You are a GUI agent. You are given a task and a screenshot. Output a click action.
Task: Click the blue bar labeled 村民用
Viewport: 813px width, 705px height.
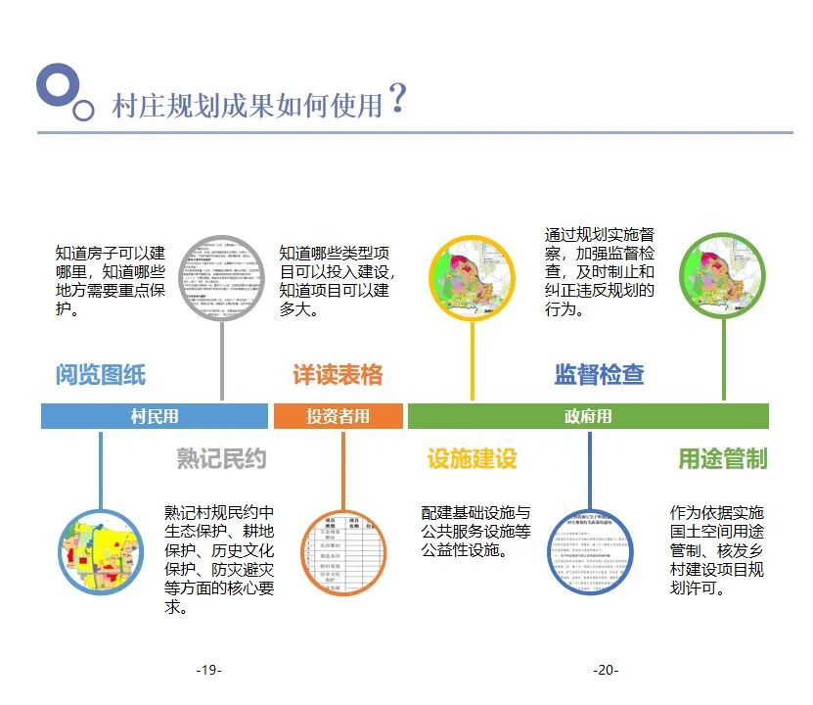click(x=155, y=416)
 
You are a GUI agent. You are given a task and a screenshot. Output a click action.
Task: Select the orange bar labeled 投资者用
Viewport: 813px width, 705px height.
click(x=338, y=416)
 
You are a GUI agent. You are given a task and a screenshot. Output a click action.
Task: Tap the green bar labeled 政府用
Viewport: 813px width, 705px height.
click(x=588, y=416)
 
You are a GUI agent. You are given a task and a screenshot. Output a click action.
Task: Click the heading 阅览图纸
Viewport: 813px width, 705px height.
click(x=100, y=375)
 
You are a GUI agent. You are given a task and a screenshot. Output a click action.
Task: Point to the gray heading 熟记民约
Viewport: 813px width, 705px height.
click(x=221, y=459)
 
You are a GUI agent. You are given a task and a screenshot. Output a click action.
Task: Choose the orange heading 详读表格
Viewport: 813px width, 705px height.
click(x=338, y=375)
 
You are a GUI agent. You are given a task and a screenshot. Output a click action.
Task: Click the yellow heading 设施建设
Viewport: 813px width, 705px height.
click(x=472, y=459)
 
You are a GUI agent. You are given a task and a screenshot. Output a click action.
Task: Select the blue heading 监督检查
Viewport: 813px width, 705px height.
click(x=599, y=375)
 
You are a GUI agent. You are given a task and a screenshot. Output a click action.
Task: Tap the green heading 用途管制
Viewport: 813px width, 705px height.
click(x=723, y=459)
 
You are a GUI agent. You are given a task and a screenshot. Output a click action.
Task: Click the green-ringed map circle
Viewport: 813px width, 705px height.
click(x=723, y=276)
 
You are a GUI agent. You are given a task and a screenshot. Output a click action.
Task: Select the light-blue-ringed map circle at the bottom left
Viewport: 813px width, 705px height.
click(x=101, y=552)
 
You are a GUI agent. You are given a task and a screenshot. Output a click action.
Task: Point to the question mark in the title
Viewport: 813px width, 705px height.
click(x=396, y=99)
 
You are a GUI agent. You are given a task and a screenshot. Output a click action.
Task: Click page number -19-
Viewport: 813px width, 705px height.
click(x=208, y=670)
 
